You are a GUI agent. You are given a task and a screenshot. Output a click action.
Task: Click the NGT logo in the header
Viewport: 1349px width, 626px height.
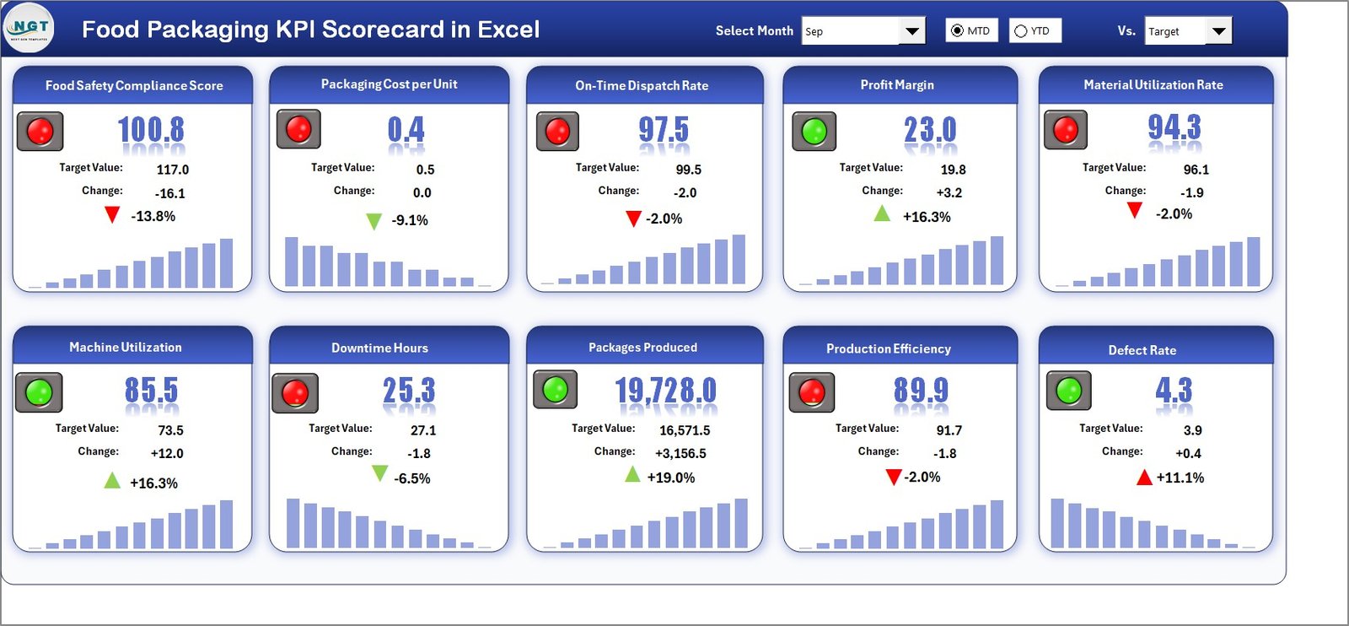[29, 28]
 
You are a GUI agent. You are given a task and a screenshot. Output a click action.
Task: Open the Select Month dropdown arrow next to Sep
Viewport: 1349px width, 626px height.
[911, 31]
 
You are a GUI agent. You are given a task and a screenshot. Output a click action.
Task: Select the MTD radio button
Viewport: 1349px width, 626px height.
[957, 31]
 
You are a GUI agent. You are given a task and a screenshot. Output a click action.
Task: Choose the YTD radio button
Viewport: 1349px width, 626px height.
[1021, 31]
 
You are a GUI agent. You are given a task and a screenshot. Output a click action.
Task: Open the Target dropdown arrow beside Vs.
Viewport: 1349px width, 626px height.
[1218, 31]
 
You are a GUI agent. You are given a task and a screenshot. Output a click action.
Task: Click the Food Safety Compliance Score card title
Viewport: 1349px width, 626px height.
[134, 85]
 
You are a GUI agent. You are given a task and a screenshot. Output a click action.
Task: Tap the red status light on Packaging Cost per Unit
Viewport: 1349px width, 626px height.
[298, 129]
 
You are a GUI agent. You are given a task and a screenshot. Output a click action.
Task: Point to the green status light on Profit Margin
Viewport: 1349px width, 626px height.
[814, 131]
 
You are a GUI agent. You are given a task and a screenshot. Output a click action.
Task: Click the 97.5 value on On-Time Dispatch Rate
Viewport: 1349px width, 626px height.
[663, 130]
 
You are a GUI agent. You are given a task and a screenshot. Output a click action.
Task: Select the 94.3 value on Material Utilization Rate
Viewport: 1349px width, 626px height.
[1174, 127]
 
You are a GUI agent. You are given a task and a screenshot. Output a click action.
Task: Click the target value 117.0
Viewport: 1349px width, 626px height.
[173, 170]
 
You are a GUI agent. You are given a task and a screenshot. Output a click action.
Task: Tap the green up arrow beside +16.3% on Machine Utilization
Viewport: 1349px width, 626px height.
[112, 481]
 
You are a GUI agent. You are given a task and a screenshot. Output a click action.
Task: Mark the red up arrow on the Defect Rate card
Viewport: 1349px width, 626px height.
[1144, 478]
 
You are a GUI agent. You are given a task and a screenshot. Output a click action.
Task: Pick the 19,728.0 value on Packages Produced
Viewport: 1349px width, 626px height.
[665, 391]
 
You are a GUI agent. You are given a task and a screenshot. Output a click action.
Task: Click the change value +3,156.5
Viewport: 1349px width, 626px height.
[680, 453]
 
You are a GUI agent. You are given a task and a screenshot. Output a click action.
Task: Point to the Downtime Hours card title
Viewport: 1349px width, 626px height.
[379, 348]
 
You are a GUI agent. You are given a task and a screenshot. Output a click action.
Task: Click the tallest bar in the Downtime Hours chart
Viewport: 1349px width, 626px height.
[293, 523]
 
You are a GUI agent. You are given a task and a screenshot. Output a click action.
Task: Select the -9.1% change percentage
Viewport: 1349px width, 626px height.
[410, 220]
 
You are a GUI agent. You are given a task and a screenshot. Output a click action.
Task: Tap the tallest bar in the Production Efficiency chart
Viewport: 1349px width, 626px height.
[997, 524]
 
